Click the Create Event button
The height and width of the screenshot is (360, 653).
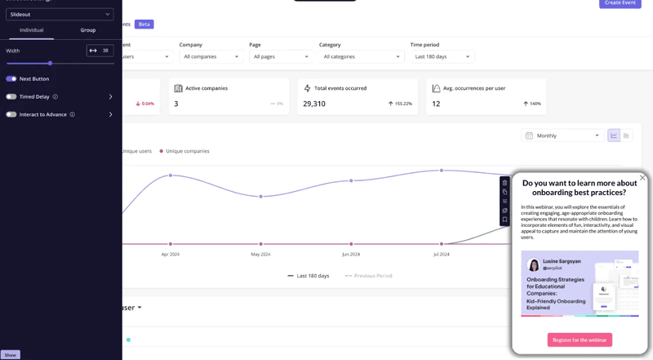(620, 3)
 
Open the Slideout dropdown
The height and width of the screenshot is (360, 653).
(60, 14)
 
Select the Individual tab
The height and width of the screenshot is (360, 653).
(31, 30)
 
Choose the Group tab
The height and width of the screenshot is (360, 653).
(88, 30)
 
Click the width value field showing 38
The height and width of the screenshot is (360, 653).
(104, 51)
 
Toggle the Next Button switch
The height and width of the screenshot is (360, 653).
(11, 79)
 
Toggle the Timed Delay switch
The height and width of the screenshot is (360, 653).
(11, 96)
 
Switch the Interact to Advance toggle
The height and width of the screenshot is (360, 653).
(11, 114)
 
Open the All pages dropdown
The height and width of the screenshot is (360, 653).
(279, 56)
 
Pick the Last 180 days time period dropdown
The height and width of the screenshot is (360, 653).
(442, 56)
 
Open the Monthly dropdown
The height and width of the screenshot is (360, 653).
(563, 136)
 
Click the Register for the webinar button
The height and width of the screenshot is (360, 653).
(580, 340)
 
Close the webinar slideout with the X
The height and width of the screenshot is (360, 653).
(642, 177)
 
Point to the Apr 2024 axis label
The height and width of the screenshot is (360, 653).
(170, 254)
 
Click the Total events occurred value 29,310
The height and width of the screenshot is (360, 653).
(314, 104)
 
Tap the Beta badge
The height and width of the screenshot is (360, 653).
(144, 24)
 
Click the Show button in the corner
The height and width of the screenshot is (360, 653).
(10, 355)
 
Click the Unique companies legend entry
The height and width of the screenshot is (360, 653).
(187, 151)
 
